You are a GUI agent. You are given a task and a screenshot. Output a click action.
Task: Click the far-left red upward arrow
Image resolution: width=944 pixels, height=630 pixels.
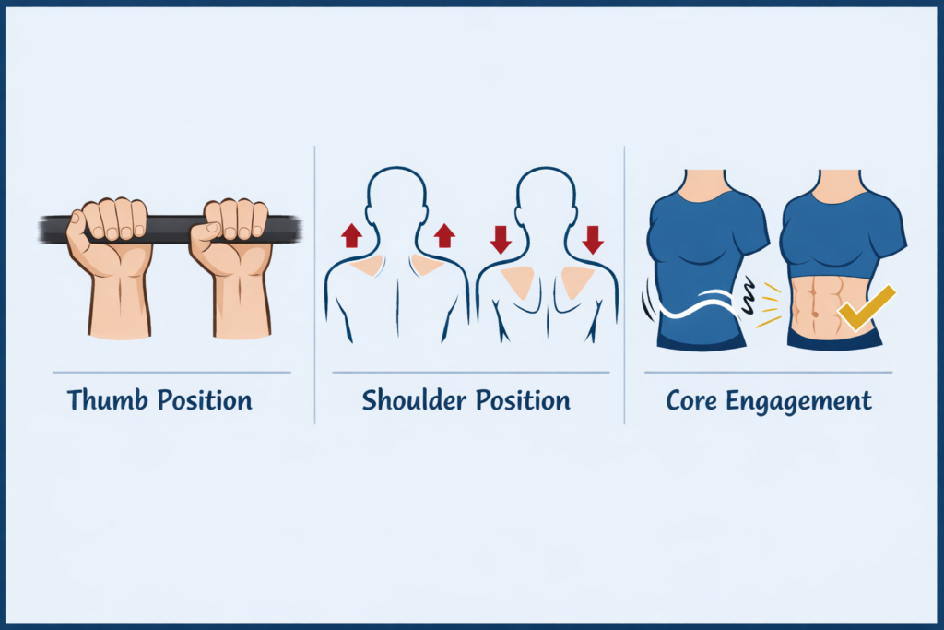350,235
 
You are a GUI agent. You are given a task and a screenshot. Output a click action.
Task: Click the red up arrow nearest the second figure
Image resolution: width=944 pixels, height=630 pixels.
444,235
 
